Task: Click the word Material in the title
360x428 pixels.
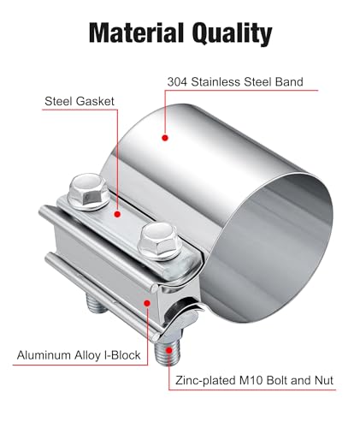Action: pos(136,33)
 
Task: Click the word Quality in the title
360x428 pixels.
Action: pos(232,33)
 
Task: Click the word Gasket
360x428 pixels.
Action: pos(96,101)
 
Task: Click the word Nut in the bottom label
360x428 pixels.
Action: pos(324,381)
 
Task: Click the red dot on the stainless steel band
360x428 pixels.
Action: pos(165,138)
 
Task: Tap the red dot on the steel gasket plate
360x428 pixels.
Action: pos(117,214)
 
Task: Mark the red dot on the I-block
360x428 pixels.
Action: pos(147,303)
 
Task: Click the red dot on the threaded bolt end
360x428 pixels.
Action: pos(169,350)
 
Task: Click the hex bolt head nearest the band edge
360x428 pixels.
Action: pos(159,241)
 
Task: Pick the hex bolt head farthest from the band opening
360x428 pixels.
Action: pos(88,191)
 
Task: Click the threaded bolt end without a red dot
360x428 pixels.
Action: pos(97,305)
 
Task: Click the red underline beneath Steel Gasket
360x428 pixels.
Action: pos(80,110)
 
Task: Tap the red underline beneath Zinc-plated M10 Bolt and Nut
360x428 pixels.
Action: pos(252,389)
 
